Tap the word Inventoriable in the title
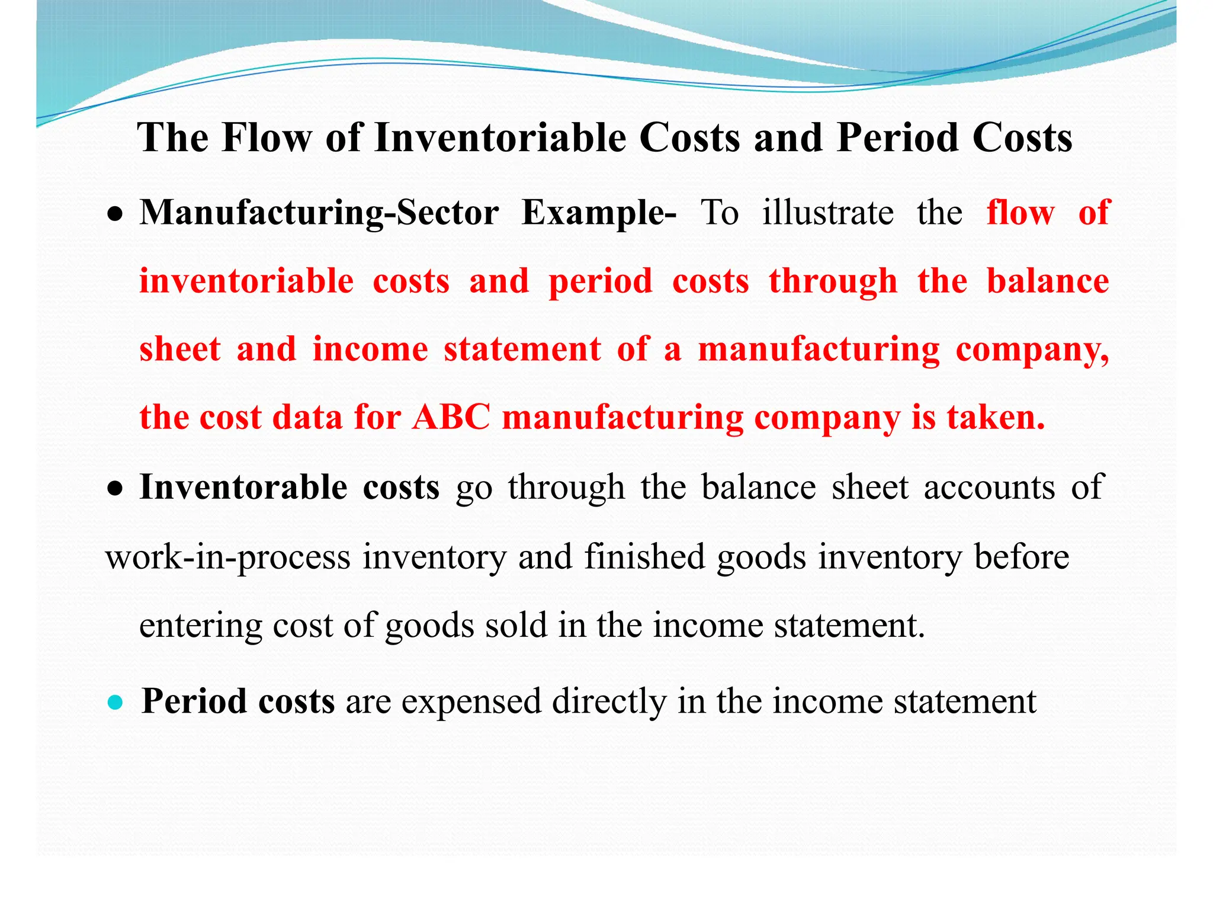point(500,138)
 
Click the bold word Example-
point(598,213)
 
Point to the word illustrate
point(827,213)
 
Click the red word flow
point(1021,213)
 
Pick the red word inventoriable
point(246,281)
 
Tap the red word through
point(833,281)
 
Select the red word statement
point(522,349)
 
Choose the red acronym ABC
point(451,417)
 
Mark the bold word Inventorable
point(243,487)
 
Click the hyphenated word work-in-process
point(228,557)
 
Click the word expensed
point(471,701)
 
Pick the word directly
point(609,701)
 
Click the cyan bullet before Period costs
point(115,703)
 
